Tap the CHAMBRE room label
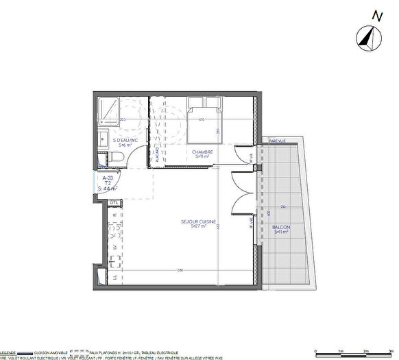(202, 152)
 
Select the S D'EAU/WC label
(125, 140)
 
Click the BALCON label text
(281, 227)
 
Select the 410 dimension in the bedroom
(202, 120)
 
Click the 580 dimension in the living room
(180, 270)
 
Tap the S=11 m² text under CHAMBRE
(203, 157)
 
